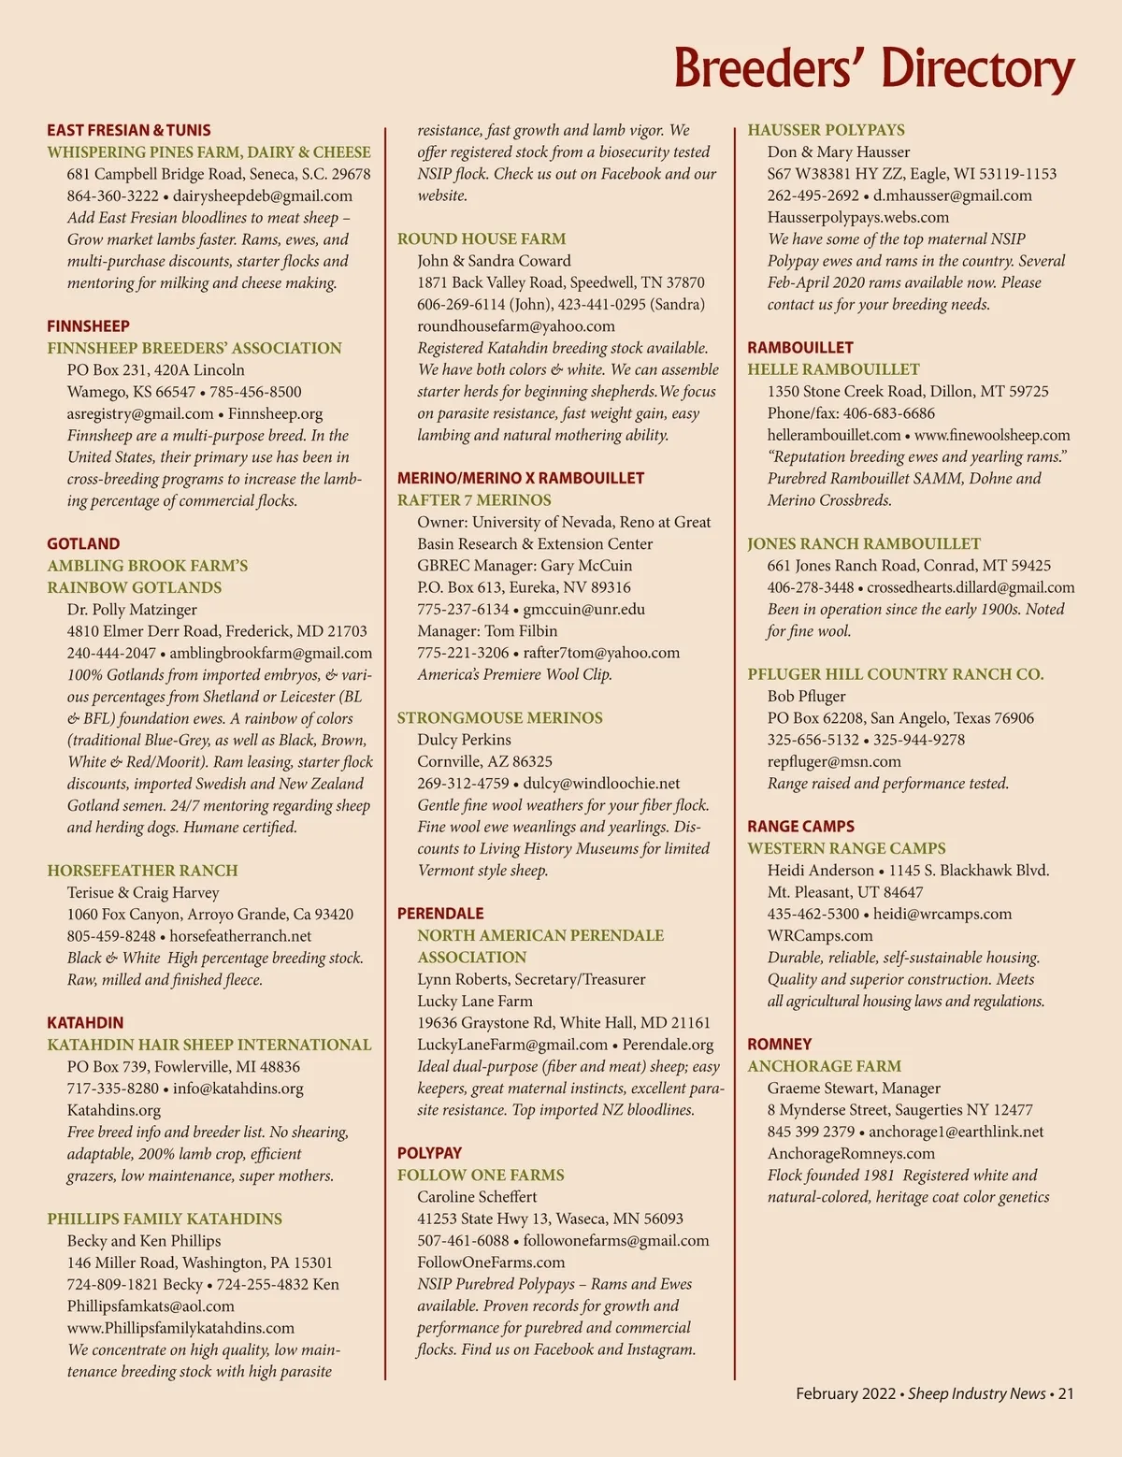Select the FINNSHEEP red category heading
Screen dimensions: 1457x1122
(89, 326)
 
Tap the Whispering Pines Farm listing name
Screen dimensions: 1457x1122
(209, 152)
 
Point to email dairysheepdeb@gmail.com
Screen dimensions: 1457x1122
(263, 196)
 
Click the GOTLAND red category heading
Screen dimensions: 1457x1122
(83, 544)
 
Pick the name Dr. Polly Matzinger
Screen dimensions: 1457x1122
(132, 610)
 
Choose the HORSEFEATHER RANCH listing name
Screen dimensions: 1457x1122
(142, 871)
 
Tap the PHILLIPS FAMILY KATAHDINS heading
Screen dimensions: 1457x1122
(165, 1219)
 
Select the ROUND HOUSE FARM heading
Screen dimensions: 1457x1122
(482, 239)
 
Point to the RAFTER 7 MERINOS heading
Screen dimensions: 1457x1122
(474, 500)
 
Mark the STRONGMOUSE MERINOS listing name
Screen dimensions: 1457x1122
(499, 718)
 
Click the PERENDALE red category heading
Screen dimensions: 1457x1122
(440, 914)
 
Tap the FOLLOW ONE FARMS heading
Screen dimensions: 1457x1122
(481, 1176)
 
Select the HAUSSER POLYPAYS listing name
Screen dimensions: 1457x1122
(826, 130)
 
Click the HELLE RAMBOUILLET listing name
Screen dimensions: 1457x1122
(833, 369)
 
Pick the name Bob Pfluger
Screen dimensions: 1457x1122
(806, 697)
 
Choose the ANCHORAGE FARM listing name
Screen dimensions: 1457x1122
(824, 1066)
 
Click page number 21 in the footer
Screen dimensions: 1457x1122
(1066, 1394)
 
